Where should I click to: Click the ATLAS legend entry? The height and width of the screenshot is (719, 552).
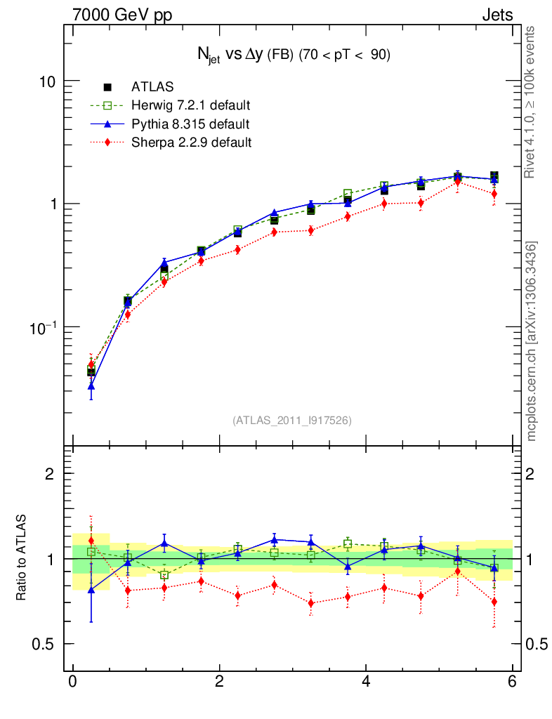tap(152, 87)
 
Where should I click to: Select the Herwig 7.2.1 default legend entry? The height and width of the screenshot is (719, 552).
tap(190, 105)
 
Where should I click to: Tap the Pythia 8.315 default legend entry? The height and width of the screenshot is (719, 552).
tap(190, 124)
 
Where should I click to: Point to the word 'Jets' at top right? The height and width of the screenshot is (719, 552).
tap(497, 15)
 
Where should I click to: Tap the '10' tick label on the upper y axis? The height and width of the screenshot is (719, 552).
tap(47, 81)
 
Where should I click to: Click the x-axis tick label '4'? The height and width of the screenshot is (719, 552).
tap(366, 681)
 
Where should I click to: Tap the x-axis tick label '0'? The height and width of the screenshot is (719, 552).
tap(72, 681)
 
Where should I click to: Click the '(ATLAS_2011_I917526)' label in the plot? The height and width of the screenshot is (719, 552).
tap(292, 420)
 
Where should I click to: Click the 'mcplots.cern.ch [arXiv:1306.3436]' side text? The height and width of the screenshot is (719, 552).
tap(532, 341)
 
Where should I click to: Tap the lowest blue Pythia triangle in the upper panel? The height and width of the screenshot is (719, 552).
tap(91, 386)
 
